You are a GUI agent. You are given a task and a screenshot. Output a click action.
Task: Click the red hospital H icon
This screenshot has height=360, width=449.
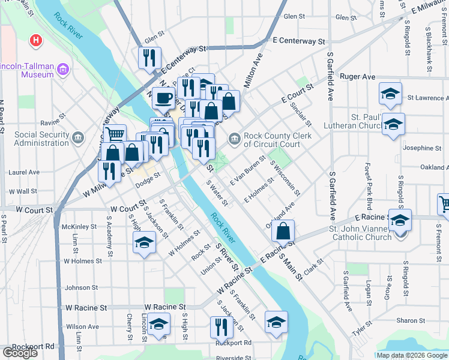click(37, 41)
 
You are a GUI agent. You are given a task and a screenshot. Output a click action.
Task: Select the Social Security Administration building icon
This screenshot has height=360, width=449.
click(78, 139)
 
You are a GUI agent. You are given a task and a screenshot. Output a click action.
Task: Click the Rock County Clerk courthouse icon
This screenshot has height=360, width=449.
click(234, 139)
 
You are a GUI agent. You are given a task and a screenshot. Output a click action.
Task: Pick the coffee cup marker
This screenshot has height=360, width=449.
click(163, 97)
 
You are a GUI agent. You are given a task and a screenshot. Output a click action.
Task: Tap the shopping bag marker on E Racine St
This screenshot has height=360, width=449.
click(282, 230)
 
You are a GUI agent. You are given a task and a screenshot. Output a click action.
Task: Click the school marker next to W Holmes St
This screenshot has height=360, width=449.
click(144, 242)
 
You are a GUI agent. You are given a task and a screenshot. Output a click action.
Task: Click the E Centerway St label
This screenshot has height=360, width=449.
click(298, 41)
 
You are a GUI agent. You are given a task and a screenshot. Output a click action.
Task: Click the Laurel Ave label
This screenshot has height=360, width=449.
click(24, 172)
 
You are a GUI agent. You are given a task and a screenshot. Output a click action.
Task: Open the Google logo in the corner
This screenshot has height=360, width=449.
click(20, 353)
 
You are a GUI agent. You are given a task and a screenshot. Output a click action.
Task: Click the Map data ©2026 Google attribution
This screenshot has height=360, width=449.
click(411, 355)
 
